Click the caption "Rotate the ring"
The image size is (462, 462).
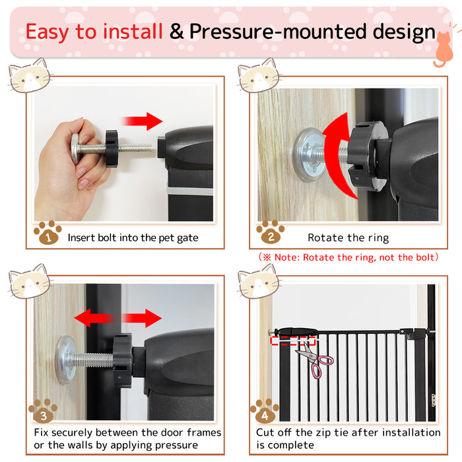[x=348, y=238]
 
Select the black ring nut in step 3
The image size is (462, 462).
[x=122, y=360]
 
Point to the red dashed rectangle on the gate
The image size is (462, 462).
[x=293, y=340]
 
